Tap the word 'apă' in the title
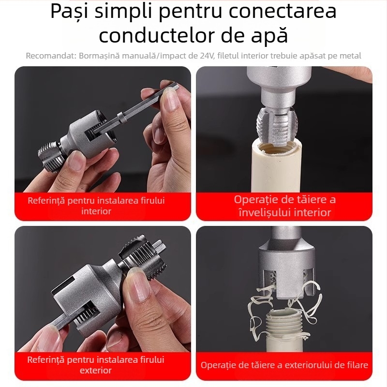click(x=268, y=35)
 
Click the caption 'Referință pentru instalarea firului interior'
click(x=96, y=206)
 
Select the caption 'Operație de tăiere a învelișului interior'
click(x=284, y=206)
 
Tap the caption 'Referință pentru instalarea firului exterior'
click(x=96, y=365)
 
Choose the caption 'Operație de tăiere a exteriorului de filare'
click(x=284, y=365)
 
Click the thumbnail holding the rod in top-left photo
click(x=170, y=99)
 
